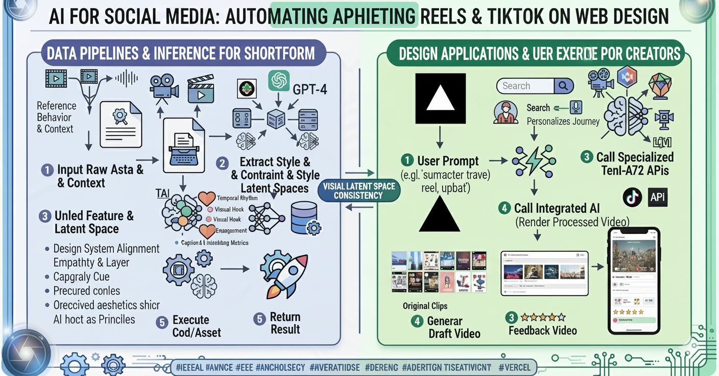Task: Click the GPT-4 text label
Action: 310,90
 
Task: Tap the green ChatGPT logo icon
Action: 279,81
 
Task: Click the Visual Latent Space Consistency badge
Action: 359,191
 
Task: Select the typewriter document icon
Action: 183,145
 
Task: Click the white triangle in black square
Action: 440,98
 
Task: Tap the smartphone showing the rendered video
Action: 633,280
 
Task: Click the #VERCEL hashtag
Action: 515,367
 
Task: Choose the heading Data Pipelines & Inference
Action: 181,53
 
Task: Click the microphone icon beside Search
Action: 576,106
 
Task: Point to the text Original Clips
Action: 425,306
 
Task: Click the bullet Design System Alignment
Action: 106,249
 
